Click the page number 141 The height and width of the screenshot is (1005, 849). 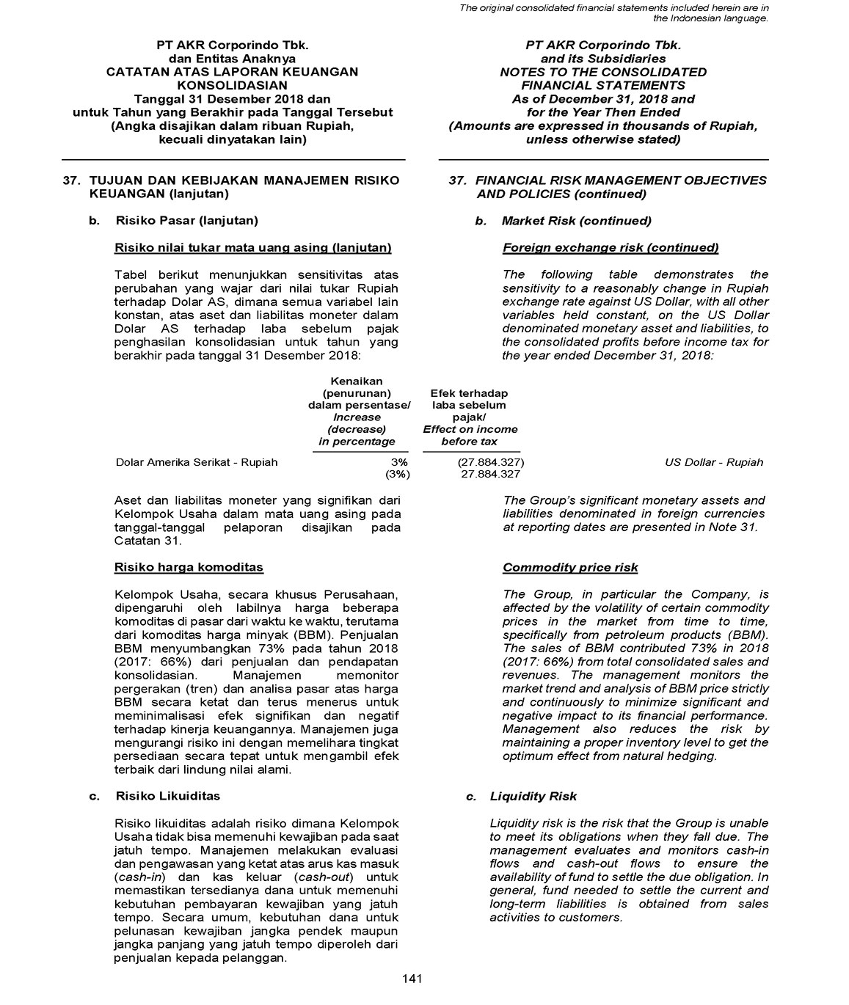click(412, 979)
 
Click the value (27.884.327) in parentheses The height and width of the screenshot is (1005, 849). click(490, 462)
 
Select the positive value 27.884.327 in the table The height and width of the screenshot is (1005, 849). click(490, 475)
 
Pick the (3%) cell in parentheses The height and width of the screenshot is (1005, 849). click(398, 475)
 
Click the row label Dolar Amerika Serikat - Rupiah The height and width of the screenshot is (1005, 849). click(197, 462)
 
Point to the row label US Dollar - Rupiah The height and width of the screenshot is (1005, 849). click(713, 462)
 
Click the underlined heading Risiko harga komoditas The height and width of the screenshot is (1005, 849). click(189, 567)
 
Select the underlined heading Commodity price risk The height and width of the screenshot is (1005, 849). click(570, 567)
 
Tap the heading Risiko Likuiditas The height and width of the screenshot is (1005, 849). click(167, 796)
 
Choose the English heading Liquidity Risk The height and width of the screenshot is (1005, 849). click(533, 796)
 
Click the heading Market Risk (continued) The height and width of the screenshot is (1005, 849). click(576, 221)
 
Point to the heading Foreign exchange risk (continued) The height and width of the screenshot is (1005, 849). click(611, 248)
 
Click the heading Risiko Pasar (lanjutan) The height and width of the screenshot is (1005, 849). click(186, 221)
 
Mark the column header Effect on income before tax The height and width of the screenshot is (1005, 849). click(470, 435)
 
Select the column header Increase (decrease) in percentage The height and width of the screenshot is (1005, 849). click(357, 429)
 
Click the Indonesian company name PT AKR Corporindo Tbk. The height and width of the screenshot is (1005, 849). click(233, 45)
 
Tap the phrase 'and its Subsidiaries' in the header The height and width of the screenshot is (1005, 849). click(603, 59)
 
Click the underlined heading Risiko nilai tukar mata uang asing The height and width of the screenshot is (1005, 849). click(253, 248)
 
